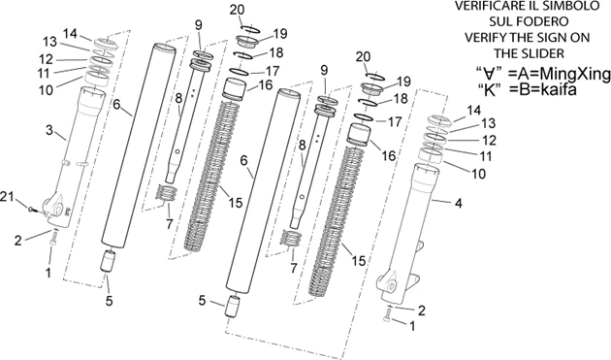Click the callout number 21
click(x=8, y=197)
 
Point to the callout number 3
click(x=49, y=130)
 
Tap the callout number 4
click(x=458, y=203)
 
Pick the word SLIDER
click(x=543, y=53)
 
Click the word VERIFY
click(x=483, y=38)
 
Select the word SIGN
click(x=549, y=38)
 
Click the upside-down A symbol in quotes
click(x=489, y=73)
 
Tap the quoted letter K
click(x=489, y=89)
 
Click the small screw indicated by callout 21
click(x=33, y=211)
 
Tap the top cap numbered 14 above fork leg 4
click(x=438, y=121)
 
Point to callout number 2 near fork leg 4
click(x=421, y=311)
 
